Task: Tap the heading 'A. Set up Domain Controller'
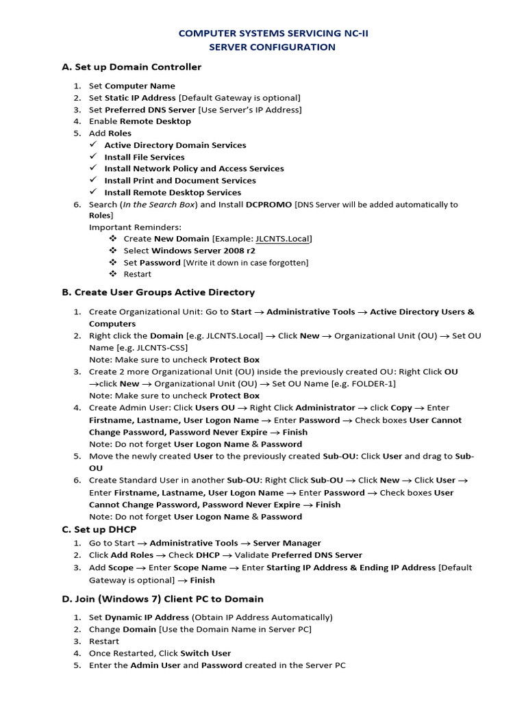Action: [x=131, y=67]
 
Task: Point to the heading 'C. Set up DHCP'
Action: [x=99, y=529]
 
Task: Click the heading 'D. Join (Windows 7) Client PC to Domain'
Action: [x=162, y=598]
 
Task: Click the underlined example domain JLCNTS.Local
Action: [x=282, y=239]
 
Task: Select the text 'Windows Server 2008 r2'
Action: [x=199, y=251]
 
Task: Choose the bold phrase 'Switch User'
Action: [x=205, y=653]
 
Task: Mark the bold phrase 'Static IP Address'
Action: [x=140, y=98]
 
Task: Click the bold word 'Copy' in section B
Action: [x=401, y=408]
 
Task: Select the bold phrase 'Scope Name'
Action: [x=200, y=568]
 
